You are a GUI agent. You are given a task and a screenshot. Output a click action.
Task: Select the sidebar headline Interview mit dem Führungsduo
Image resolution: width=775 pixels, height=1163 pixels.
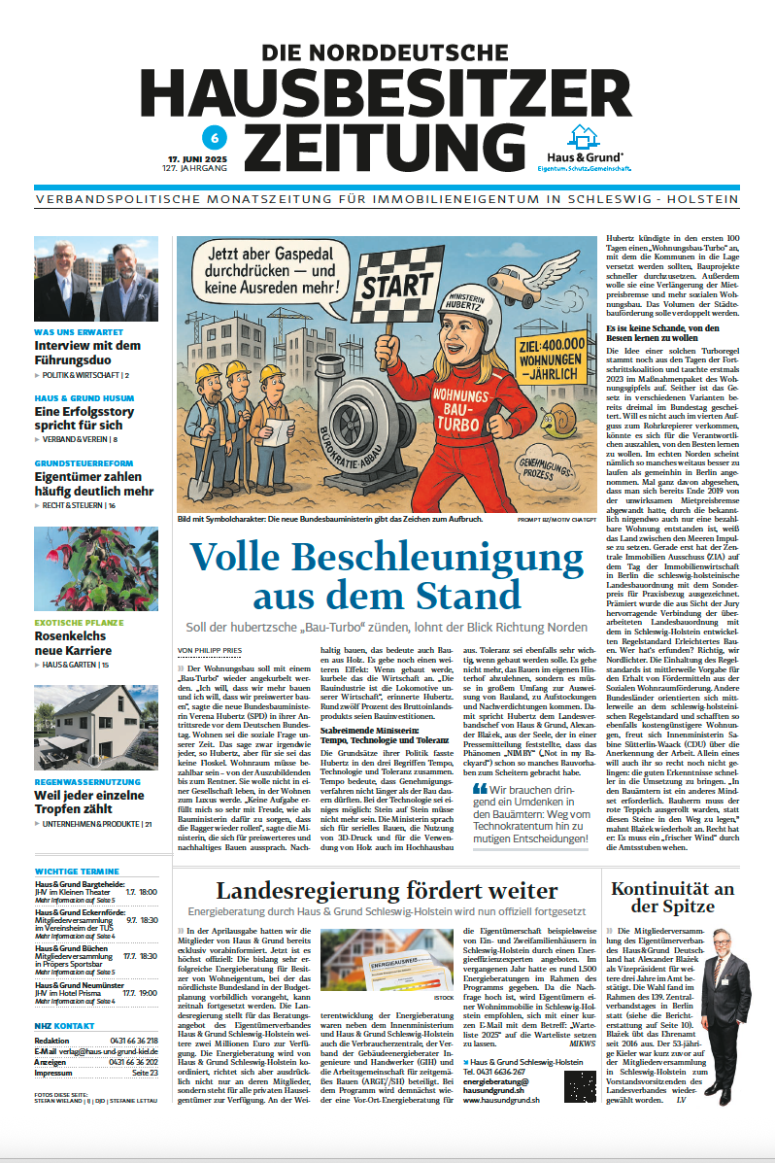(x=88, y=352)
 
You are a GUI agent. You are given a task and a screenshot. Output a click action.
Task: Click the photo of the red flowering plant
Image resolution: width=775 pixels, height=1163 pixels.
(x=96, y=569)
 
